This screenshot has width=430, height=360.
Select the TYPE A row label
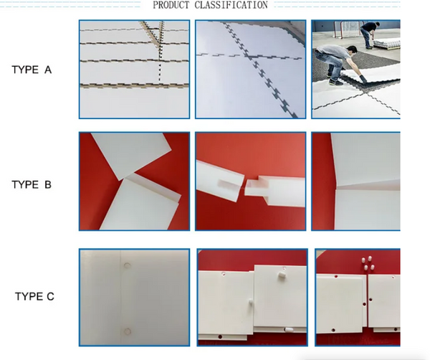32,70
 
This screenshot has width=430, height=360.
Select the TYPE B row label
32,184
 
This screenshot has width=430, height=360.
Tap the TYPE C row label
34,296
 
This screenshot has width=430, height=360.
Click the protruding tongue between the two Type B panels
256,189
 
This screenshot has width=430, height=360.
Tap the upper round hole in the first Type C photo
128,265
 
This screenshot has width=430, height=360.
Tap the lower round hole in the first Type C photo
128,331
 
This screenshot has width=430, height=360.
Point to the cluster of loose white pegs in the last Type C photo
368,262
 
